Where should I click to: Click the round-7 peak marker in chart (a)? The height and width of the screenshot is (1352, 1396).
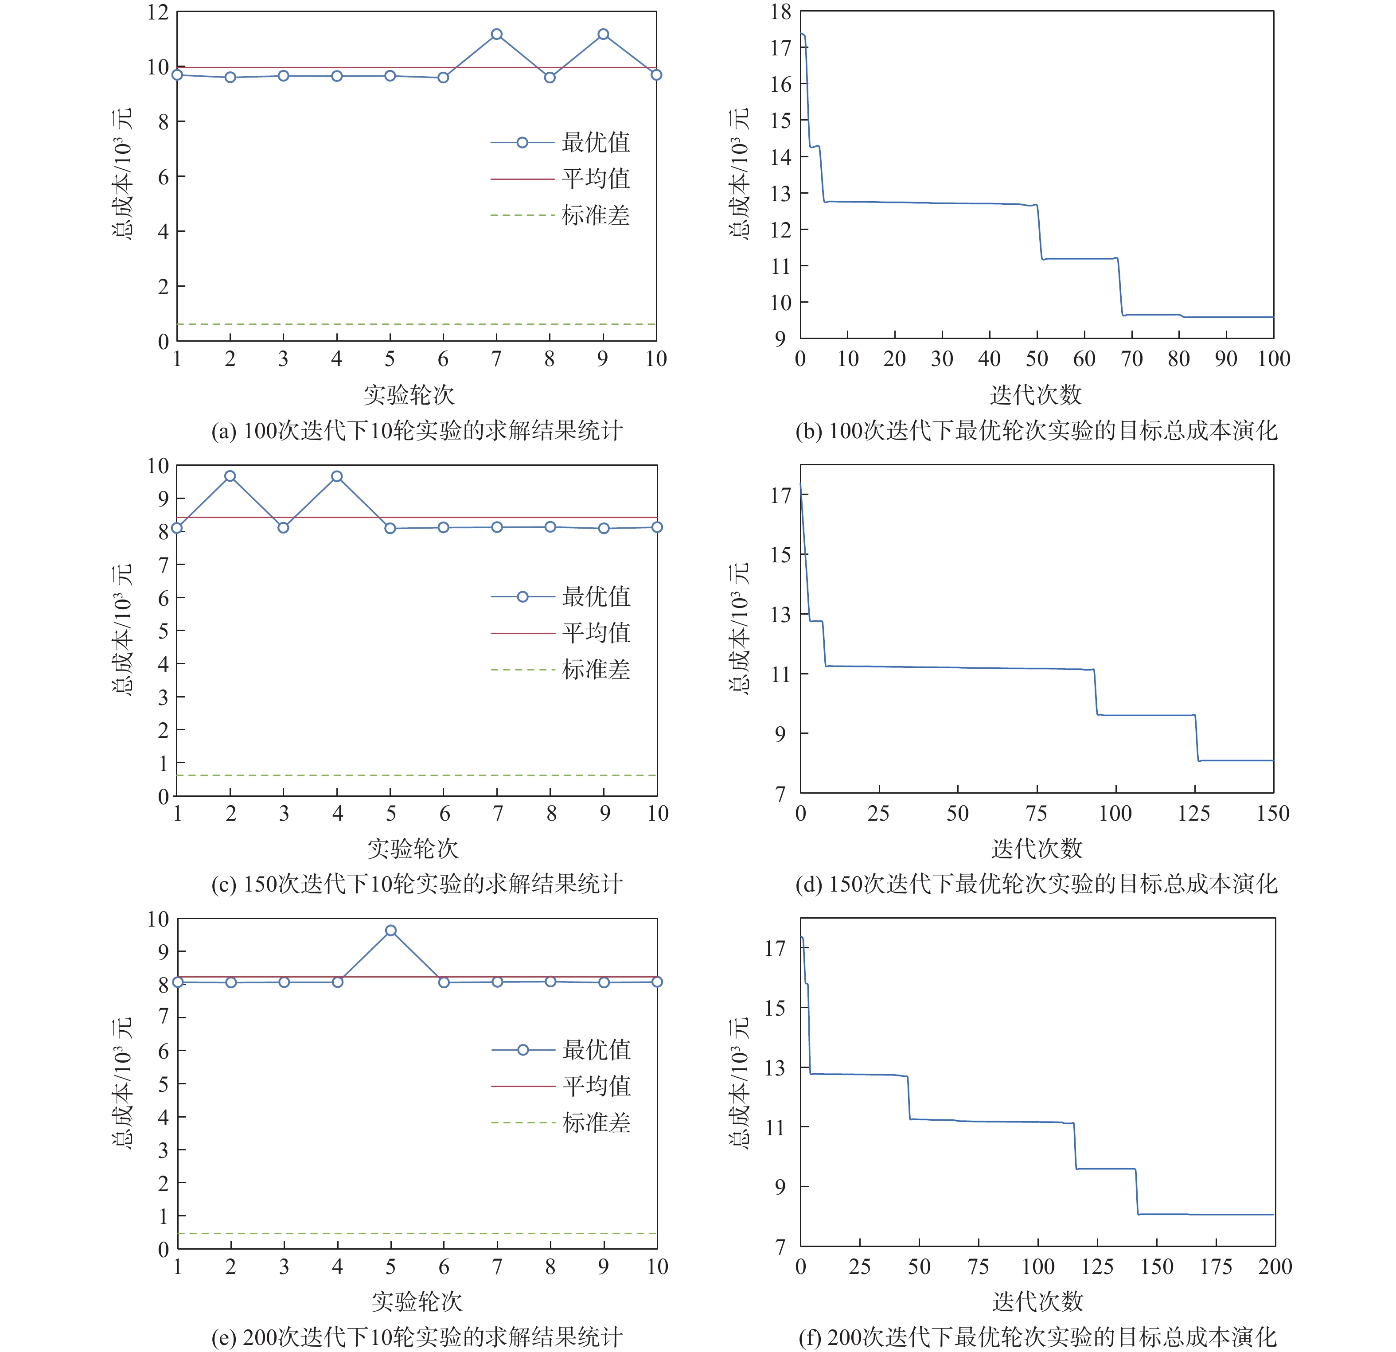496,34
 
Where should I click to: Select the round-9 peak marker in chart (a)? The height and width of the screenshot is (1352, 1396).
603,34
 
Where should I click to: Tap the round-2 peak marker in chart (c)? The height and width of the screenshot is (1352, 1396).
230,476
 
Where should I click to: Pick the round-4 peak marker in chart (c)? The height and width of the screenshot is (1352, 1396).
337,476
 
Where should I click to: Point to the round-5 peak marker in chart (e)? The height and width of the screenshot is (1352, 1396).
390,930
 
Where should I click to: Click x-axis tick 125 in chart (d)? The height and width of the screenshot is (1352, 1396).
1194,814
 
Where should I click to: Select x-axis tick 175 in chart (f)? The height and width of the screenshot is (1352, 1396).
1216,1266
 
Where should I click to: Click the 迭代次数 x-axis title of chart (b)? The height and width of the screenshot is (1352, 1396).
1036,395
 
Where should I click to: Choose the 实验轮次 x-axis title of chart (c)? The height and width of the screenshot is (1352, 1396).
413,849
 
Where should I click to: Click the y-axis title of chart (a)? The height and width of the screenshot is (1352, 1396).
122,175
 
